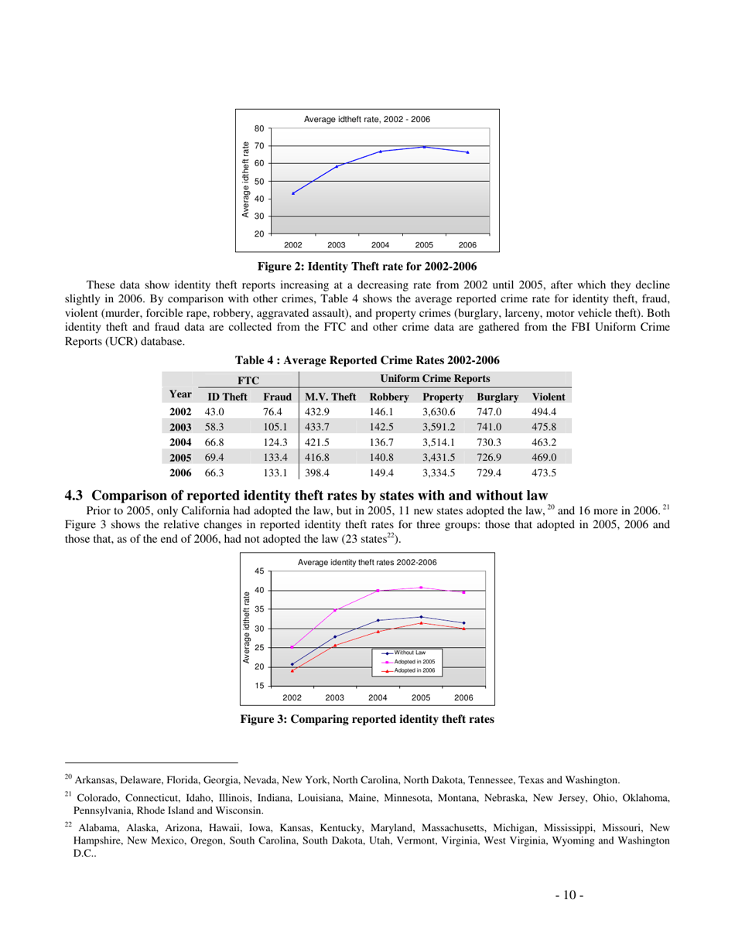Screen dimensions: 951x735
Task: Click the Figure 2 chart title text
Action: (x=367, y=119)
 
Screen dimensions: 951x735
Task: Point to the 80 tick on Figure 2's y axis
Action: (x=260, y=128)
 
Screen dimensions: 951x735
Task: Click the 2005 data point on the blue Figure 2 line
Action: (x=424, y=147)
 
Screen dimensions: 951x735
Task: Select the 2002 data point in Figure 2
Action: (x=292, y=193)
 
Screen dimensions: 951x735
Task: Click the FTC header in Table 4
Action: (x=248, y=380)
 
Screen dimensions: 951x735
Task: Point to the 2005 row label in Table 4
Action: (x=180, y=458)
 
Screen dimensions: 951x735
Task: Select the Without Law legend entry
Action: (x=409, y=653)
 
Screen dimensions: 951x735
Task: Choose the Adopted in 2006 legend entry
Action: (x=414, y=670)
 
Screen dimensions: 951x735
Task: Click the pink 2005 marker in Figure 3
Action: (x=421, y=588)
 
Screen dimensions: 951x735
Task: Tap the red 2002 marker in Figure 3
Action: (x=292, y=670)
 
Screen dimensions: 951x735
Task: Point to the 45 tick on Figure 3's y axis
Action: (x=260, y=571)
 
